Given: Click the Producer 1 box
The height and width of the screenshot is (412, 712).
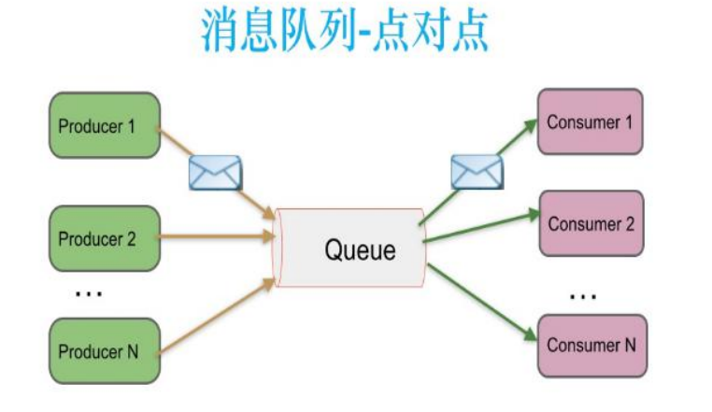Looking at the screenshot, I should tap(104, 124).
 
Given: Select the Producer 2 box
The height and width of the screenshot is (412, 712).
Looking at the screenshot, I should tap(104, 238).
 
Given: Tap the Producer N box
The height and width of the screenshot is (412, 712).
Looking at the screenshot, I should tap(104, 351).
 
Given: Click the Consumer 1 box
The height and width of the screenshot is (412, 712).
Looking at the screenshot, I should tap(590, 122).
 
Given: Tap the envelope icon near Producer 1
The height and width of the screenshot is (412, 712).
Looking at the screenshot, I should tap(215, 173).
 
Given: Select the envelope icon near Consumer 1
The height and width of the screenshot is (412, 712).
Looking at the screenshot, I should tap(477, 172).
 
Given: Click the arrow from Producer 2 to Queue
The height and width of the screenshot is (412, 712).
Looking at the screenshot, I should tap(215, 238).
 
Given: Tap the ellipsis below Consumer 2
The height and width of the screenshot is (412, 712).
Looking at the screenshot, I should tap(582, 297).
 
